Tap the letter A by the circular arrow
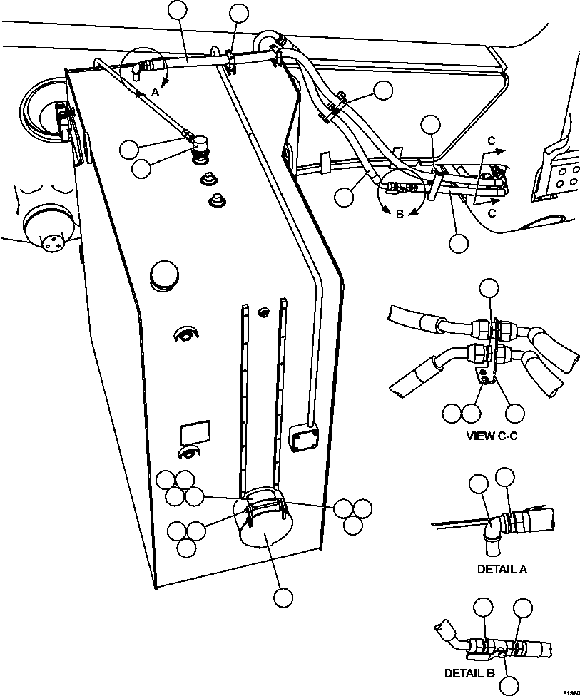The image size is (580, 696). (155, 91)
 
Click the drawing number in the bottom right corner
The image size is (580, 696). (570, 691)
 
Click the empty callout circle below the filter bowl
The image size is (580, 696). (284, 598)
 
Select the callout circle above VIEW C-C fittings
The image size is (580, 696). (489, 289)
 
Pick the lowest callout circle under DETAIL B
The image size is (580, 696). (509, 685)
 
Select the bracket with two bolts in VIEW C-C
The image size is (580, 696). (484, 374)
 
